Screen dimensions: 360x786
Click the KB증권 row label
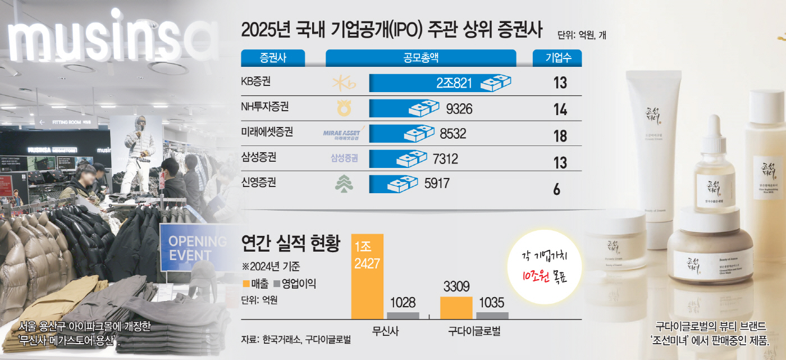pos(255,82)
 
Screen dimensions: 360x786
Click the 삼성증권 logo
pos(344,158)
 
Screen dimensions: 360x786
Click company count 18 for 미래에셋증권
pos(560,136)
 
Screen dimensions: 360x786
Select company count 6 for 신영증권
pos(557,189)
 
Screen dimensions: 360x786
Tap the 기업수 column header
pos(557,58)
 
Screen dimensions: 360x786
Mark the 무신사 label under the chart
pos(385,331)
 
